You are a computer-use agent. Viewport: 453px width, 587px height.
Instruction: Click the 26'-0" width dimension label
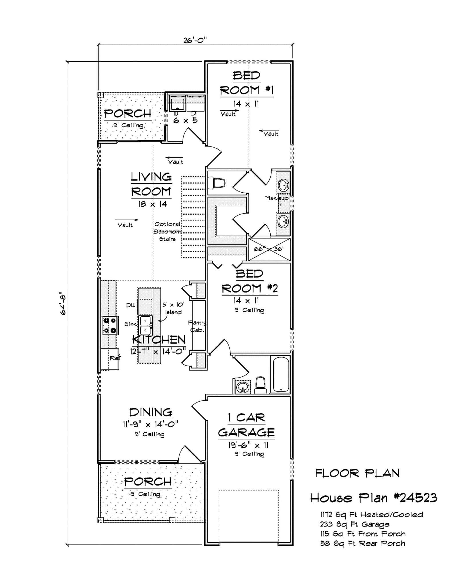195,40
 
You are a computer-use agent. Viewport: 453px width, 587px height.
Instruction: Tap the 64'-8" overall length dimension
63,304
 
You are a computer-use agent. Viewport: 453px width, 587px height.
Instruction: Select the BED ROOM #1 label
247,83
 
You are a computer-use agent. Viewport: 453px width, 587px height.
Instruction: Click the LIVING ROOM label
151,184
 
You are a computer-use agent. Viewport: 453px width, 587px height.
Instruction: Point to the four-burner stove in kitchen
110,325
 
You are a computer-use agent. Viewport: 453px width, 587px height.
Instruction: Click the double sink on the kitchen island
146,325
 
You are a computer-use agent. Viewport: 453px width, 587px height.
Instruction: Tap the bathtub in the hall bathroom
281,374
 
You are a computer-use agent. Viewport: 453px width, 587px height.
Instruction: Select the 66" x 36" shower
269,249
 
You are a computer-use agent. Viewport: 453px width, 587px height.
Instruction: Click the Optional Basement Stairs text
168,232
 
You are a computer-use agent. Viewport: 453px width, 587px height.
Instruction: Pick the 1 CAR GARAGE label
247,425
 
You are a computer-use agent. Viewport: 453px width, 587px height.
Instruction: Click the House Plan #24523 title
374,498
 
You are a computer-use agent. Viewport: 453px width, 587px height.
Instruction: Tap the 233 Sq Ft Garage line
355,525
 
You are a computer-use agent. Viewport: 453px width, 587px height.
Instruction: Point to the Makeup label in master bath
276,198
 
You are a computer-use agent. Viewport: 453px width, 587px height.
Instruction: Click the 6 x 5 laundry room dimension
186,121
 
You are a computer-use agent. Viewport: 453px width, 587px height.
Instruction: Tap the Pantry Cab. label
197,326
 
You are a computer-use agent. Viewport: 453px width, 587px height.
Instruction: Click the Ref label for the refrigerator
115,358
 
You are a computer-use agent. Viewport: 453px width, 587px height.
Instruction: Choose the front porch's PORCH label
148,482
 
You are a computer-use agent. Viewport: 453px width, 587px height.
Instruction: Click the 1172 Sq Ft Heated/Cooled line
371,515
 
